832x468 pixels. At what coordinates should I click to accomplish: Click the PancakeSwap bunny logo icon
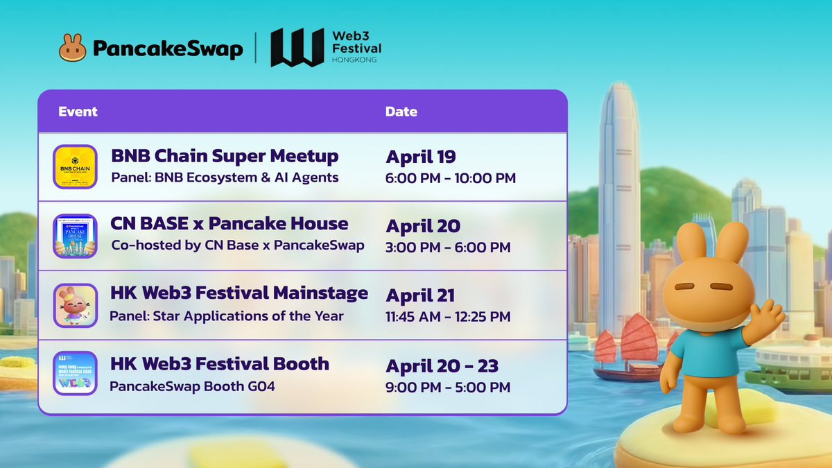pyautogui.click(x=73, y=48)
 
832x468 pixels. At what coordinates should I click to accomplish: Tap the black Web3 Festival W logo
pyautogui.click(x=297, y=48)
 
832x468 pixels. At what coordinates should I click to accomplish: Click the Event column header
pyautogui.click(x=78, y=112)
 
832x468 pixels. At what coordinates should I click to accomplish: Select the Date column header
pyautogui.click(x=401, y=112)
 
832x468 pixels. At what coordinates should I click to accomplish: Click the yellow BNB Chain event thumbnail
pyautogui.click(x=74, y=166)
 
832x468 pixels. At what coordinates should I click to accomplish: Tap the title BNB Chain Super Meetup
pyautogui.click(x=225, y=156)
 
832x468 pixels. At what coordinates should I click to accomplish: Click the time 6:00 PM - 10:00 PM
pyautogui.click(x=451, y=178)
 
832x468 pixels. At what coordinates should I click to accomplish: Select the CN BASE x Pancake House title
pyautogui.click(x=229, y=224)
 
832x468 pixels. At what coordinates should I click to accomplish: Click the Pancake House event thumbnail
pyautogui.click(x=74, y=236)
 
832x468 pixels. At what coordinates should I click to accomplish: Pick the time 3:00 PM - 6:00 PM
pyautogui.click(x=448, y=248)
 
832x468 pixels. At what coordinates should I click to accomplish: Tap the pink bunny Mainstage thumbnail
pyautogui.click(x=74, y=305)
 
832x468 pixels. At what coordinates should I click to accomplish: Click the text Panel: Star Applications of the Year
pyautogui.click(x=226, y=316)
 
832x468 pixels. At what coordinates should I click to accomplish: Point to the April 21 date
pyautogui.click(x=420, y=295)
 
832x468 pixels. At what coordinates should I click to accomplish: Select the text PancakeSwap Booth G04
pyautogui.click(x=192, y=386)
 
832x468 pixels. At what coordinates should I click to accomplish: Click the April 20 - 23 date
pyautogui.click(x=442, y=365)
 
